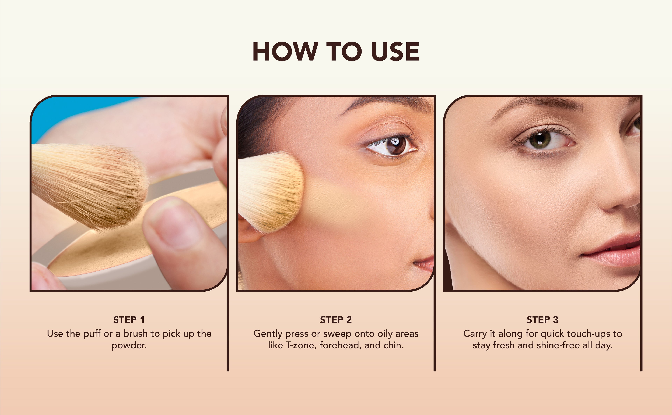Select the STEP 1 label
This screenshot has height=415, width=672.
[129, 320]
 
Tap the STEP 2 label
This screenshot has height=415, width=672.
[336, 320]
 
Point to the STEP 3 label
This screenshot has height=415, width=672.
[542, 320]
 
